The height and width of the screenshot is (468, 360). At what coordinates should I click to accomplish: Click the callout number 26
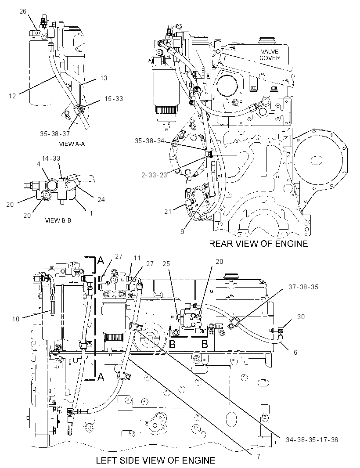(x=23, y=11)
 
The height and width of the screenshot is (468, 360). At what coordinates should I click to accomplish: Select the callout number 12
(x=12, y=96)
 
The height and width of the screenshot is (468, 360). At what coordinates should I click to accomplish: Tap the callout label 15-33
(x=113, y=98)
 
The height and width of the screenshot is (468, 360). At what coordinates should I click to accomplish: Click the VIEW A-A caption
(x=72, y=144)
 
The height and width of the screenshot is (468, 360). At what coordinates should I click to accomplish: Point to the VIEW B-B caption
(x=58, y=220)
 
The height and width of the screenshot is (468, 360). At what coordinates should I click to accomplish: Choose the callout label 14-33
(x=51, y=158)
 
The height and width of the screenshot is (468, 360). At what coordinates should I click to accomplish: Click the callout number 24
(x=101, y=199)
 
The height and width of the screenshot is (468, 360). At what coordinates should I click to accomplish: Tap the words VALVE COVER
(x=270, y=54)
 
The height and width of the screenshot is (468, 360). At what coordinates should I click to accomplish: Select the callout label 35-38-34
(x=150, y=141)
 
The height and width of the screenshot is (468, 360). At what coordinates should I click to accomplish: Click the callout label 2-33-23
(x=154, y=175)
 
